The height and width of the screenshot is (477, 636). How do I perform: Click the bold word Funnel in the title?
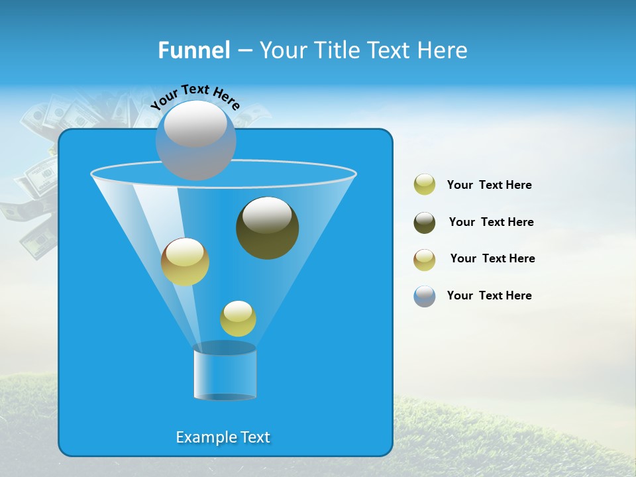click(193, 50)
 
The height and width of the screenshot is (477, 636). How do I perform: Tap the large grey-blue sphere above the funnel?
click(195, 140)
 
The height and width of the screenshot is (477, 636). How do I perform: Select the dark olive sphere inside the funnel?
click(268, 228)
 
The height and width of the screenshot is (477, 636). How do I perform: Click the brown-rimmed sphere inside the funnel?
click(185, 262)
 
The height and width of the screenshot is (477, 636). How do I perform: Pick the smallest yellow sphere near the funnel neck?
click(238, 319)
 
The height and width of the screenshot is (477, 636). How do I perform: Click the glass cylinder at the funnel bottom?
click(225, 372)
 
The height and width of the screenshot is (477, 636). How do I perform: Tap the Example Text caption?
click(223, 437)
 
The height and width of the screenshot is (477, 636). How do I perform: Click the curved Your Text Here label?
click(195, 96)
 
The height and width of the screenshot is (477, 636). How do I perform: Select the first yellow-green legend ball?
click(425, 185)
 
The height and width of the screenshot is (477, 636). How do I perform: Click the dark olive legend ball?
click(425, 223)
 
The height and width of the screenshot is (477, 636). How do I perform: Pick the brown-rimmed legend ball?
click(425, 260)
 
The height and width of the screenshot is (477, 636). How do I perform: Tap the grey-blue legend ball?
click(425, 296)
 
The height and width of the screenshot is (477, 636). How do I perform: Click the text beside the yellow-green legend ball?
click(489, 185)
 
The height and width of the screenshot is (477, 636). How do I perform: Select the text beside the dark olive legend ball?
click(491, 222)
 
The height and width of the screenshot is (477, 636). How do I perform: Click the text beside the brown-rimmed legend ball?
click(492, 258)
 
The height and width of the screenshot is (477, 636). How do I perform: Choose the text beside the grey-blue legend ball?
click(489, 295)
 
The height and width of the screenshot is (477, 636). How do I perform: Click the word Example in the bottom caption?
click(205, 437)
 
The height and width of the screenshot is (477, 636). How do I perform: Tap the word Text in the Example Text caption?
click(254, 437)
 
